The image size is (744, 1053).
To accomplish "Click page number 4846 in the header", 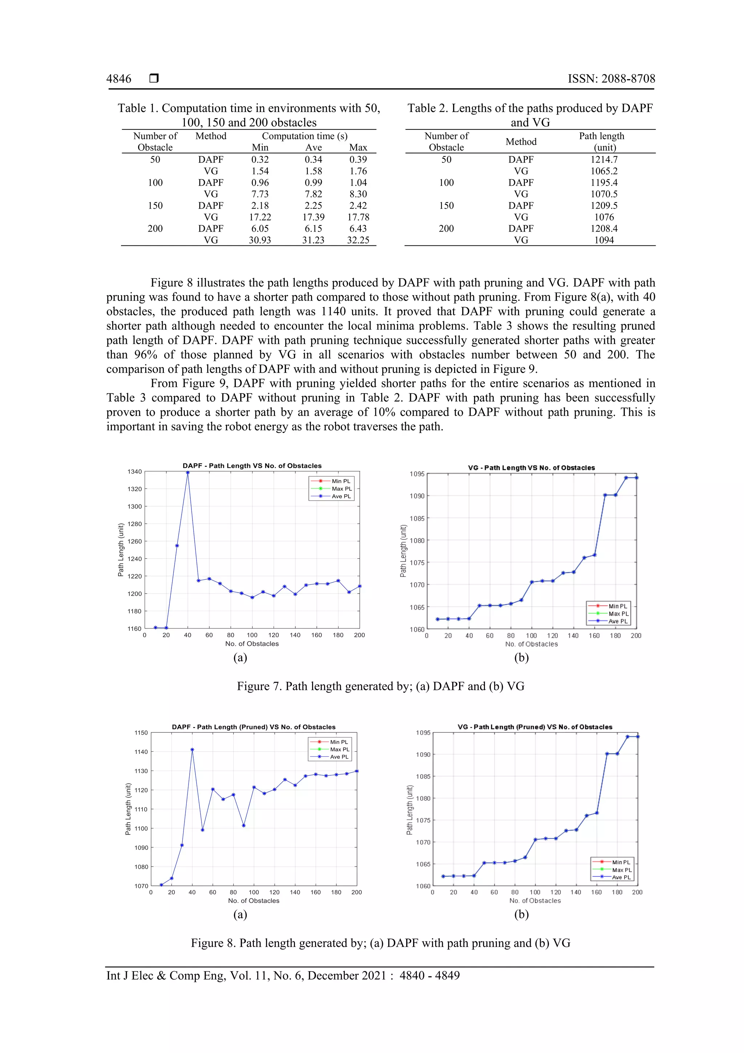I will coord(119,79).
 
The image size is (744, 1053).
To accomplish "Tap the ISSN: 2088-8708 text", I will coord(611,79).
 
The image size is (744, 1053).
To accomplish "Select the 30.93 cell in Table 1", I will coord(259,240).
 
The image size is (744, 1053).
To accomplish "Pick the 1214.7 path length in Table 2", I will coord(603,160).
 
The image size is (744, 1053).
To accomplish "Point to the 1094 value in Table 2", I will coord(603,240).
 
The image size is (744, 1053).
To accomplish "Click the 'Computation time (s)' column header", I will coord(304,136).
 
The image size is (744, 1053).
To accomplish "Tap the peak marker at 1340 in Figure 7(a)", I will coord(187,473).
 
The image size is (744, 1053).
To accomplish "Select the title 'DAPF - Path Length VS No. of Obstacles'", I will coord(252,466).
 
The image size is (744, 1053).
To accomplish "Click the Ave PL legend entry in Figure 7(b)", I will coord(618,622).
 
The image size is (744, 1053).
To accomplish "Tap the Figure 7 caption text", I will coord(380,686).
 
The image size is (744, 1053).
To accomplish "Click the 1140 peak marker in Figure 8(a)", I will coord(192,750).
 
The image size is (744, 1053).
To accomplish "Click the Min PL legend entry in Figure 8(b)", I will coord(621,862).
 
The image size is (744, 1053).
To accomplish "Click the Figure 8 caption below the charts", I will coord(380,943).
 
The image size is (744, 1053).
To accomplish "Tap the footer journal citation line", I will coord(283,976).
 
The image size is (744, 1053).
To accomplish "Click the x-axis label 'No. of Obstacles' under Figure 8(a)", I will coord(254,900).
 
